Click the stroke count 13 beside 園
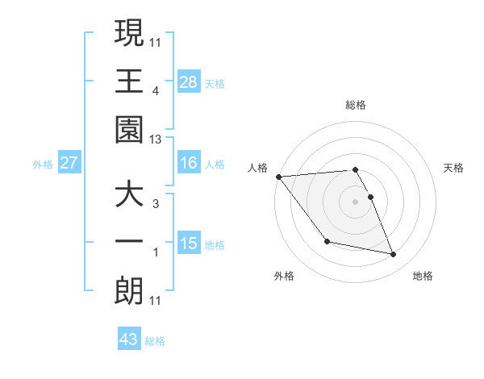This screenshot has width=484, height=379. (x=155, y=140)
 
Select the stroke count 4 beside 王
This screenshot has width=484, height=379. (x=156, y=90)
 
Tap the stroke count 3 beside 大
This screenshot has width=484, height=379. (x=156, y=204)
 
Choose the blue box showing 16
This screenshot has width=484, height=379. (x=189, y=163)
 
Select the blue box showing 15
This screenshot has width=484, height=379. (x=189, y=244)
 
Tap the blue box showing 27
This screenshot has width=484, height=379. (x=69, y=163)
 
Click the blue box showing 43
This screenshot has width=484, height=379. (x=129, y=339)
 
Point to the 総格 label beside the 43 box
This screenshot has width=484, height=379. (x=155, y=341)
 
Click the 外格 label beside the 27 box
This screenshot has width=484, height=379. (x=43, y=164)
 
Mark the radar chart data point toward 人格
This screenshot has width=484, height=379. (x=279, y=177)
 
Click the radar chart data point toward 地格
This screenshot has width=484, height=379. (x=394, y=255)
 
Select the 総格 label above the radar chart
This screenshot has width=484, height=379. (x=356, y=105)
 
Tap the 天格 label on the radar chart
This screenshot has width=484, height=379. (x=454, y=168)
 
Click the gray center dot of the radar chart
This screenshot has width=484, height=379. (x=356, y=201)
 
